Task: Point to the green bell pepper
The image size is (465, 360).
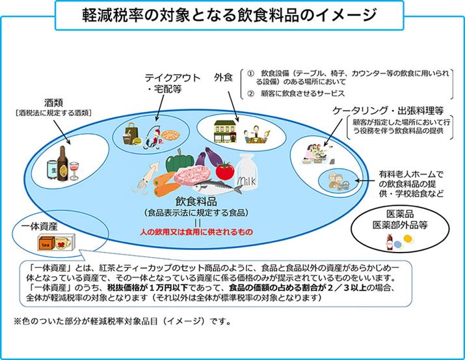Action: coord(177,161)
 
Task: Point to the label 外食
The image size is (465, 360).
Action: coord(223,77)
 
